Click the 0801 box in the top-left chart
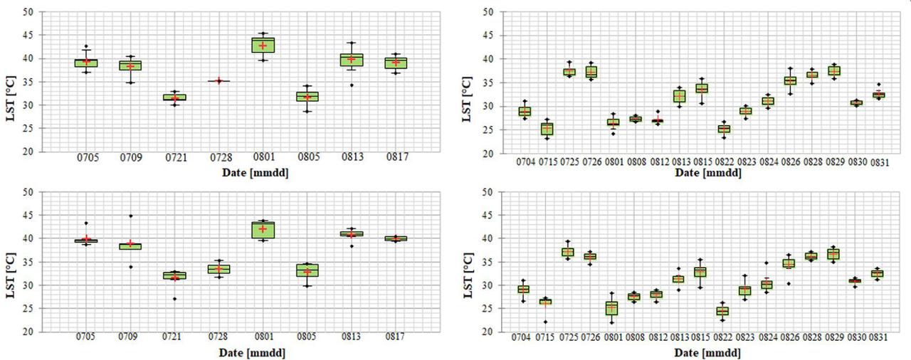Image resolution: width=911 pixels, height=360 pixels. coord(263,45)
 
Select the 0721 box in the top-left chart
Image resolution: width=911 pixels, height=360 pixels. coord(174,97)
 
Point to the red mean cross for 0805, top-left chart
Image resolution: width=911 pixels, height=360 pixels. coord(307,97)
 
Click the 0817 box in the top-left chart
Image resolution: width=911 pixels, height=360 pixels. coord(396,63)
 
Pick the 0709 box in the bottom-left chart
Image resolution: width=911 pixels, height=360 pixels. coord(130,246)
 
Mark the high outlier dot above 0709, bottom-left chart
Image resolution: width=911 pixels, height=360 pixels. coord(130,216)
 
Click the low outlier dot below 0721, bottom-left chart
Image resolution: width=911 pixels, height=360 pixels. coord(174,299)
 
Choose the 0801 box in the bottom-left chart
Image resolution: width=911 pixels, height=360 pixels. coord(263,230)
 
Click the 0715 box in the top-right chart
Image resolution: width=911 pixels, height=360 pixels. coord(546,129)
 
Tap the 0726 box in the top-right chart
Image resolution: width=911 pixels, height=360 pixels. coord(590,72)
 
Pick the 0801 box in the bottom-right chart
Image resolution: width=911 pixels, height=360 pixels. coord(612,308)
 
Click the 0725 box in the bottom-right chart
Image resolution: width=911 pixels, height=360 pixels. coord(568,253)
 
